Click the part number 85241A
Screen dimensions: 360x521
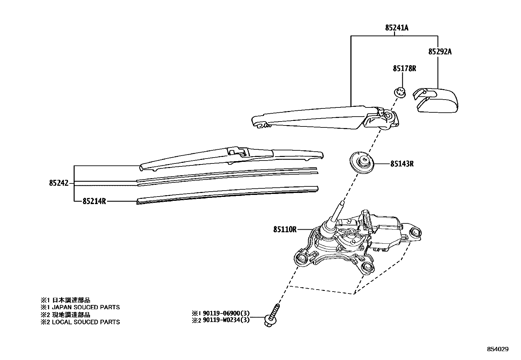(x=397, y=28)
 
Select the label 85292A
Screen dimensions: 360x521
(x=440, y=52)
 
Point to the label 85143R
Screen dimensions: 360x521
(x=402, y=164)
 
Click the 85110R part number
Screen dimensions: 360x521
(x=285, y=230)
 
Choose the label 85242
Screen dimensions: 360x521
(x=59, y=183)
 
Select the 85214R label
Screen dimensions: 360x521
(x=94, y=201)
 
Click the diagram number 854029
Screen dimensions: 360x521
(x=498, y=350)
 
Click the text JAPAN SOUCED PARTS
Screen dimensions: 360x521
(x=86, y=307)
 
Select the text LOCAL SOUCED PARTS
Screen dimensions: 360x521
(x=86, y=322)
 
